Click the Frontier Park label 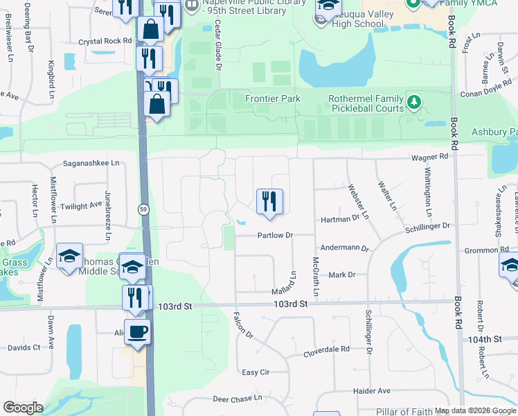click(x=273, y=98)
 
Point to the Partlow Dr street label click(x=276, y=235)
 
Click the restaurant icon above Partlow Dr click(x=269, y=202)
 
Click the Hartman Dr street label click(x=340, y=218)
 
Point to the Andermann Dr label click(x=343, y=248)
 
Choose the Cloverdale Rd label click(x=326, y=352)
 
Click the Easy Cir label click(x=256, y=372)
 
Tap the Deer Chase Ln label click(x=238, y=399)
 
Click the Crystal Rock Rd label click(x=105, y=41)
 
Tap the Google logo click(x=24, y=408)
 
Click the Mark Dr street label click(x=341, y=275)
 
